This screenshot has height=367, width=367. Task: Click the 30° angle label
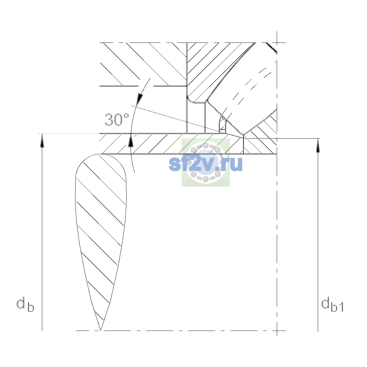point(117,120)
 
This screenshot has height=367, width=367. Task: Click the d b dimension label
point(25,305)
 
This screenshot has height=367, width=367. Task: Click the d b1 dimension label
point(332,305)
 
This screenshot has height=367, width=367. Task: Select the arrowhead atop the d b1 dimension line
point(318,146)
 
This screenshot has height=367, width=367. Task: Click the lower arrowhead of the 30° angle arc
point(131,140)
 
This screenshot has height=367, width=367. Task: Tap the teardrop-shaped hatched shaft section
point(101,225)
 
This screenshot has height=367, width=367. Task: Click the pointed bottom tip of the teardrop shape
point(101,330)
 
